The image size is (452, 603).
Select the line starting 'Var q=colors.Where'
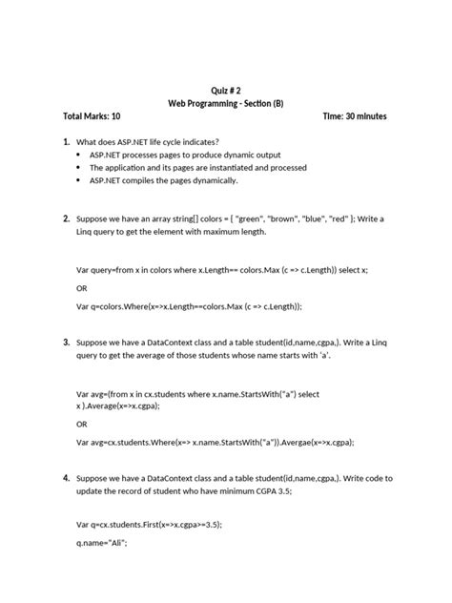point(189,306)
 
